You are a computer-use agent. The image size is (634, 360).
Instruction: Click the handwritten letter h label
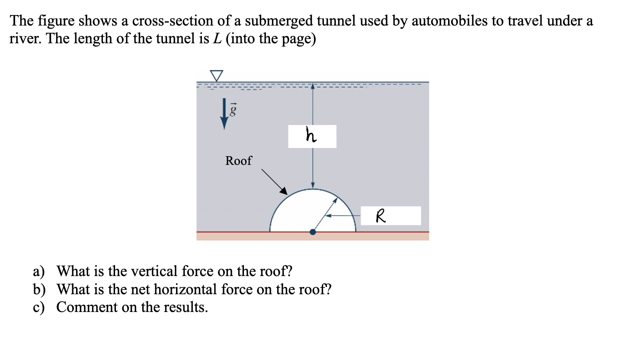(311, 135)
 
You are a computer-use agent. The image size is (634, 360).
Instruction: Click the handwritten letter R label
(380, 215)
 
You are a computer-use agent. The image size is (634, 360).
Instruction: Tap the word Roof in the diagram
(238, 161)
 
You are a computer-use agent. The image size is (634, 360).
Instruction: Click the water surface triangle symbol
(217, 75)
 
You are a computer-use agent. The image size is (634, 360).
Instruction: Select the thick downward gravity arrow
(224, 114)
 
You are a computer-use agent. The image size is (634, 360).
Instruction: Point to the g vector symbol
(233, 110)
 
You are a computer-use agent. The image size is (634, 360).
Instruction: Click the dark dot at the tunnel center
(313, 232)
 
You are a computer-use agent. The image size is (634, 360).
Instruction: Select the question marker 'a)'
(39, 271)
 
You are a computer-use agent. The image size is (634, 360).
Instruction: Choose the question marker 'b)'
(39, 289)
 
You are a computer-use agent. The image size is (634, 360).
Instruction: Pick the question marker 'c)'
(39, 307)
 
